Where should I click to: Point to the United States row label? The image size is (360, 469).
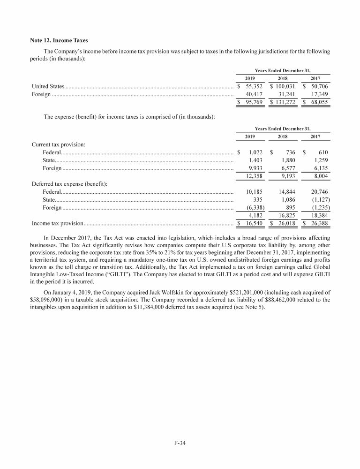pyautogui.click(x=48, y=87)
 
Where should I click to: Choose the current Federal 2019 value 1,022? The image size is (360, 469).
pyautogui.click(x=255, y=152)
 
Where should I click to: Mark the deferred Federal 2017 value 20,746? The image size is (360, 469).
pyautogui.click(x=318, y=192)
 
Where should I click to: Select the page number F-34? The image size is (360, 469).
pyautogui.click(x=180, y=442)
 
